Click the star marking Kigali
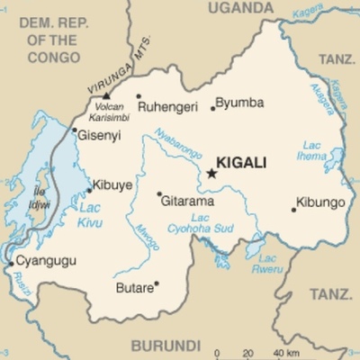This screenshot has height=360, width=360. [211, 173]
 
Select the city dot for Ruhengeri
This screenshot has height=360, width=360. [139, 96]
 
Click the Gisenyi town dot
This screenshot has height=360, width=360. [75, 130]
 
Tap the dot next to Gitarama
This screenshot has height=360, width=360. [159, 193]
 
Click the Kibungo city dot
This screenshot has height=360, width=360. [293, 210]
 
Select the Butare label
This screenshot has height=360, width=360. [134, 289]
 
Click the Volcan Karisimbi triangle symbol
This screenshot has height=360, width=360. [106, 94]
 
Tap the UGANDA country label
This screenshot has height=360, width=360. [239, 9]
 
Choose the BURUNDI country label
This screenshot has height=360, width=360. [165, 345]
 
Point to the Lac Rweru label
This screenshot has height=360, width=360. [267, 263]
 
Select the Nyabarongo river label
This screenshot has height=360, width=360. [175, 143]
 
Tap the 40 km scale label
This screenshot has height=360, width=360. [286, 353]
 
